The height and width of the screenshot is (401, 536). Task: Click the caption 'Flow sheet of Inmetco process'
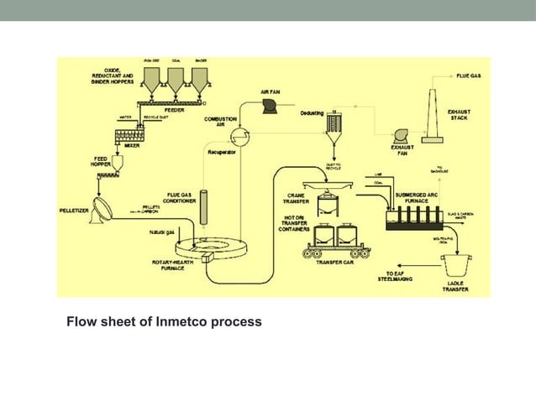pyautogui.click(x=164, y=321)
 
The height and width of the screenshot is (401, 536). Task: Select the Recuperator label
pyautogui.click(x=222, y=154)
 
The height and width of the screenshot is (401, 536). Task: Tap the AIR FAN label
pyautogui.click(x=271, y=91)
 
